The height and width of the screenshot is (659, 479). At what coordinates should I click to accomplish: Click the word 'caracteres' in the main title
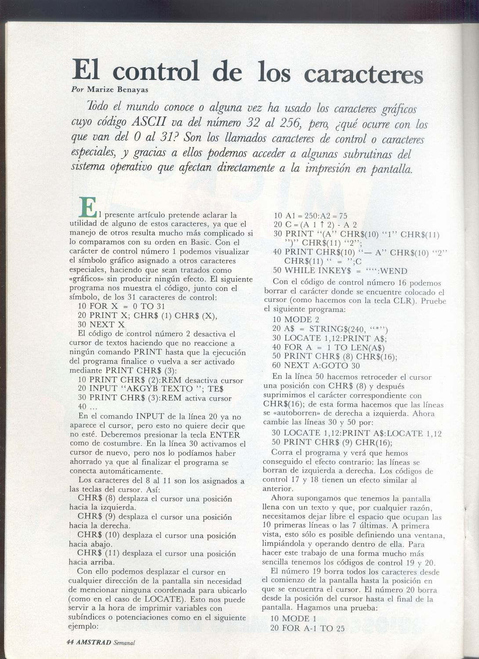(363, 73)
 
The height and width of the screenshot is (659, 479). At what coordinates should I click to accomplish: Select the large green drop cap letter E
(88, 207)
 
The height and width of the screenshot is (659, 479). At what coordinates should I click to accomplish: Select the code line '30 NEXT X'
(101, 325)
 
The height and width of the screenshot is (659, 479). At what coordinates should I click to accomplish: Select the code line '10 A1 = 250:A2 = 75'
(310, 216)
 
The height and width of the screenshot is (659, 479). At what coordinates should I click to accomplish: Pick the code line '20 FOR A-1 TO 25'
(307, 629)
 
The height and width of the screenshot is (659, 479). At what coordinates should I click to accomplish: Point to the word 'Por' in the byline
(78, 90)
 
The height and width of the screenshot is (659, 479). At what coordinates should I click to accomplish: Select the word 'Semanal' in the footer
(123, 642)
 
